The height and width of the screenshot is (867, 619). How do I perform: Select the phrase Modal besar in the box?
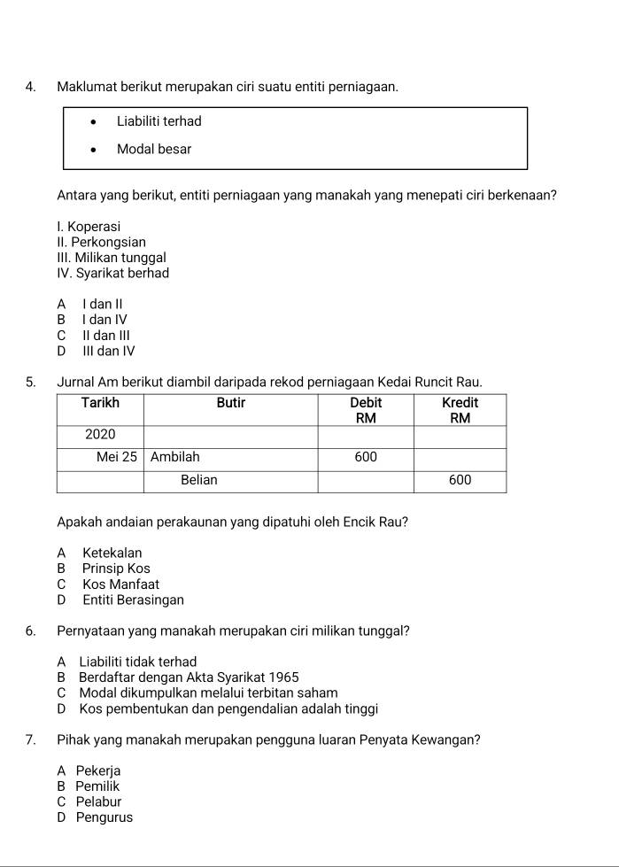[154, 150]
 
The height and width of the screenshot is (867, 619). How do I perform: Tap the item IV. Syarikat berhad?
[112, 274]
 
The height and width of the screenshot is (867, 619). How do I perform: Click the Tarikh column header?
[100, 403]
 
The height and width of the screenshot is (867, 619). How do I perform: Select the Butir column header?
[231, 403]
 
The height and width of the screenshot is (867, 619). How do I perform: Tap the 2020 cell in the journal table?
[100, 435]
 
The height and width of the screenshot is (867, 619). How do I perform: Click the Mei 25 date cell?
[118, 458]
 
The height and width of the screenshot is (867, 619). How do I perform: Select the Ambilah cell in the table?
[175, 458]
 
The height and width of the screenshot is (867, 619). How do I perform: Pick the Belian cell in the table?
[199, 480]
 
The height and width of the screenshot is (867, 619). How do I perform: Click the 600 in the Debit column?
[366, 458]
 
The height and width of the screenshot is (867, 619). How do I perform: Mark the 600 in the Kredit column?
[460, 480]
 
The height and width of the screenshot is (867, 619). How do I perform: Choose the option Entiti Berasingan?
[133, 600]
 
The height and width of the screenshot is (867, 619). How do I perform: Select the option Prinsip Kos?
[116, 569]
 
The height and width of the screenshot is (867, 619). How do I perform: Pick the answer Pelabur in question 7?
[98, 802]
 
